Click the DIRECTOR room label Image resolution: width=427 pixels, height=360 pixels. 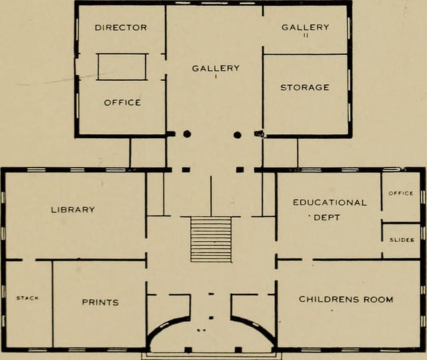(121, 27)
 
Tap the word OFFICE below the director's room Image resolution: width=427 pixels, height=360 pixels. (122, 102)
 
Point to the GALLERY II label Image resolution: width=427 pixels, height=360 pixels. (305, 27)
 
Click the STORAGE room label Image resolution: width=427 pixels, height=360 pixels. (304, 87)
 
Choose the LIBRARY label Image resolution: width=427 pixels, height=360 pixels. (73, 209)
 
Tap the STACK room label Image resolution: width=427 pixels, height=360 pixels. (27, 298)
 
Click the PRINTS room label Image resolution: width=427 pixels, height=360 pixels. (100, 302)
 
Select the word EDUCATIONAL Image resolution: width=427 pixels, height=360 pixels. (330, 202)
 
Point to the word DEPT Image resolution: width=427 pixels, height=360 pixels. (327, 217)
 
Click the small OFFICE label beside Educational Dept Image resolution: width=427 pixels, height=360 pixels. (401, 193)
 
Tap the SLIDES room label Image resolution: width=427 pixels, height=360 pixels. (402, 239)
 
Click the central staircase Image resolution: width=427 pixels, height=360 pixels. (211, 238)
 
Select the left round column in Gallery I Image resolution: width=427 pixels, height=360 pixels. (187, 134)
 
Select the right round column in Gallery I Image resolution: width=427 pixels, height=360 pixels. (237, 134)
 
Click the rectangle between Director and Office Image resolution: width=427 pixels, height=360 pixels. (122, 67)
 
